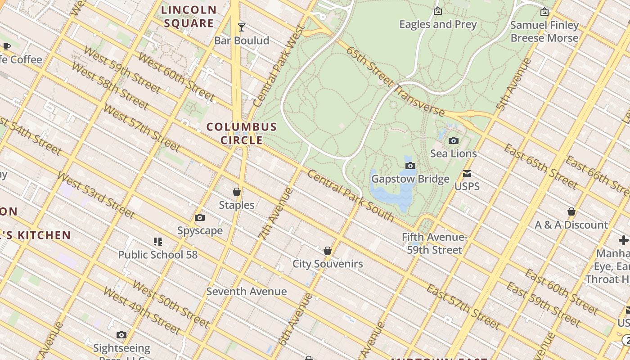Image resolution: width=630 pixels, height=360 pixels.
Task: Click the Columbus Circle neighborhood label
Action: (242, 133)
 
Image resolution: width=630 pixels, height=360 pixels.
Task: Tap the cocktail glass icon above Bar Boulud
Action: (242, 27)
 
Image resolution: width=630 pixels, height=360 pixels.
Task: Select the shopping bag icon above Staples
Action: (237, 192)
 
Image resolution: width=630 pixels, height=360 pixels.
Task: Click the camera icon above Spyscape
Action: (200, 218)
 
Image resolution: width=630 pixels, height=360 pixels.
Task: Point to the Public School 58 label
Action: (157, 255)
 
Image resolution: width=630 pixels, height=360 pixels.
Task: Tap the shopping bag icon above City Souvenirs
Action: (328, 251)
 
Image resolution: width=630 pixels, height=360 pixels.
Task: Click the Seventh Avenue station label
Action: (247, 292)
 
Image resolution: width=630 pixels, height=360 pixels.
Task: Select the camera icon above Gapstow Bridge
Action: (410, 166)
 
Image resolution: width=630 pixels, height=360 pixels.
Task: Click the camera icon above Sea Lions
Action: (454, 141)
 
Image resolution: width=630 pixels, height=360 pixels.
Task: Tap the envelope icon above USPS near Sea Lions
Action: (467, 174)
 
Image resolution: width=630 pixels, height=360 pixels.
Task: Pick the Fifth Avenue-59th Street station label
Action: (434, 243)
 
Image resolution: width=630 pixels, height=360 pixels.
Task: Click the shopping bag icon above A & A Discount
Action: (571, 211)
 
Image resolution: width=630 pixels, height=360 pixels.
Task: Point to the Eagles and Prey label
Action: (438, 24)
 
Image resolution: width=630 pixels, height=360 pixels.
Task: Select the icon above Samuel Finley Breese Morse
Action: (544, 12)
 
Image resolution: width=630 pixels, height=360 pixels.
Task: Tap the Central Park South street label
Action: (351, 196)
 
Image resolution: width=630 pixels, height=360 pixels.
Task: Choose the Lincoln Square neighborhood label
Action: (189, 17)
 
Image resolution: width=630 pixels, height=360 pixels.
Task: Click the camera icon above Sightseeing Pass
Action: (121, 335)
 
